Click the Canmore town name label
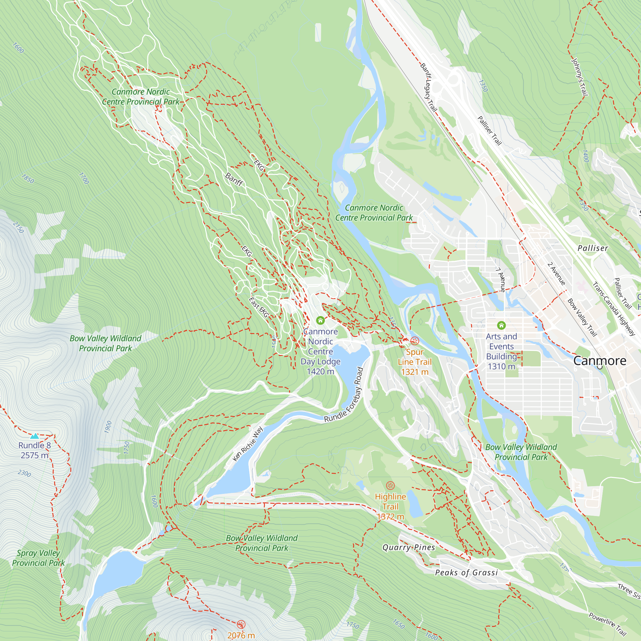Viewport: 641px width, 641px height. (600, 361)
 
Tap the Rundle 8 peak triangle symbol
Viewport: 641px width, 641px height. (35, 436)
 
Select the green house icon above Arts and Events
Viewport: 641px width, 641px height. (501, 325)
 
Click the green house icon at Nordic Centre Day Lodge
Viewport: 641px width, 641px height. (320, 320)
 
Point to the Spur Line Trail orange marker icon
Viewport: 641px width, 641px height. (415, 341)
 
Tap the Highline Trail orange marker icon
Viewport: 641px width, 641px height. (390, 486)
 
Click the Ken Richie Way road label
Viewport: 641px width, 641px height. (248, 444)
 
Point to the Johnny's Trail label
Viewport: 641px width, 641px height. (579, 77)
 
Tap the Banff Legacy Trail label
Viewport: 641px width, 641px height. (428, 87)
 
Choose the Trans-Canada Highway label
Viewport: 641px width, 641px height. (613, 309)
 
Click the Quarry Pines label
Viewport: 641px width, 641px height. (408, 547)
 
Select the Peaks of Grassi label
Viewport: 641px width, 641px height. (466, 573)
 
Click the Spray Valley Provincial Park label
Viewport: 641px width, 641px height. (38, 558)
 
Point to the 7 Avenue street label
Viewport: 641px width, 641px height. (501, 280)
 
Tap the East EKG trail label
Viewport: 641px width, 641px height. (258, 307)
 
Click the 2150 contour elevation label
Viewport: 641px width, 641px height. (18, 227)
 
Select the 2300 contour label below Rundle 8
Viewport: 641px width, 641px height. (25, 473)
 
